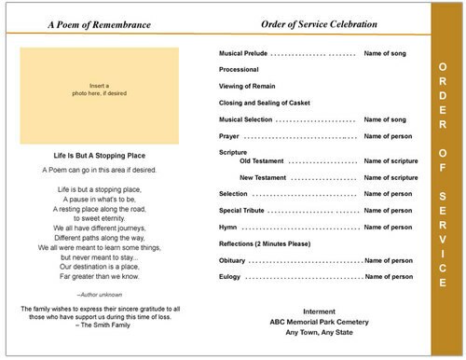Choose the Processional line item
(x=239, y=71)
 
